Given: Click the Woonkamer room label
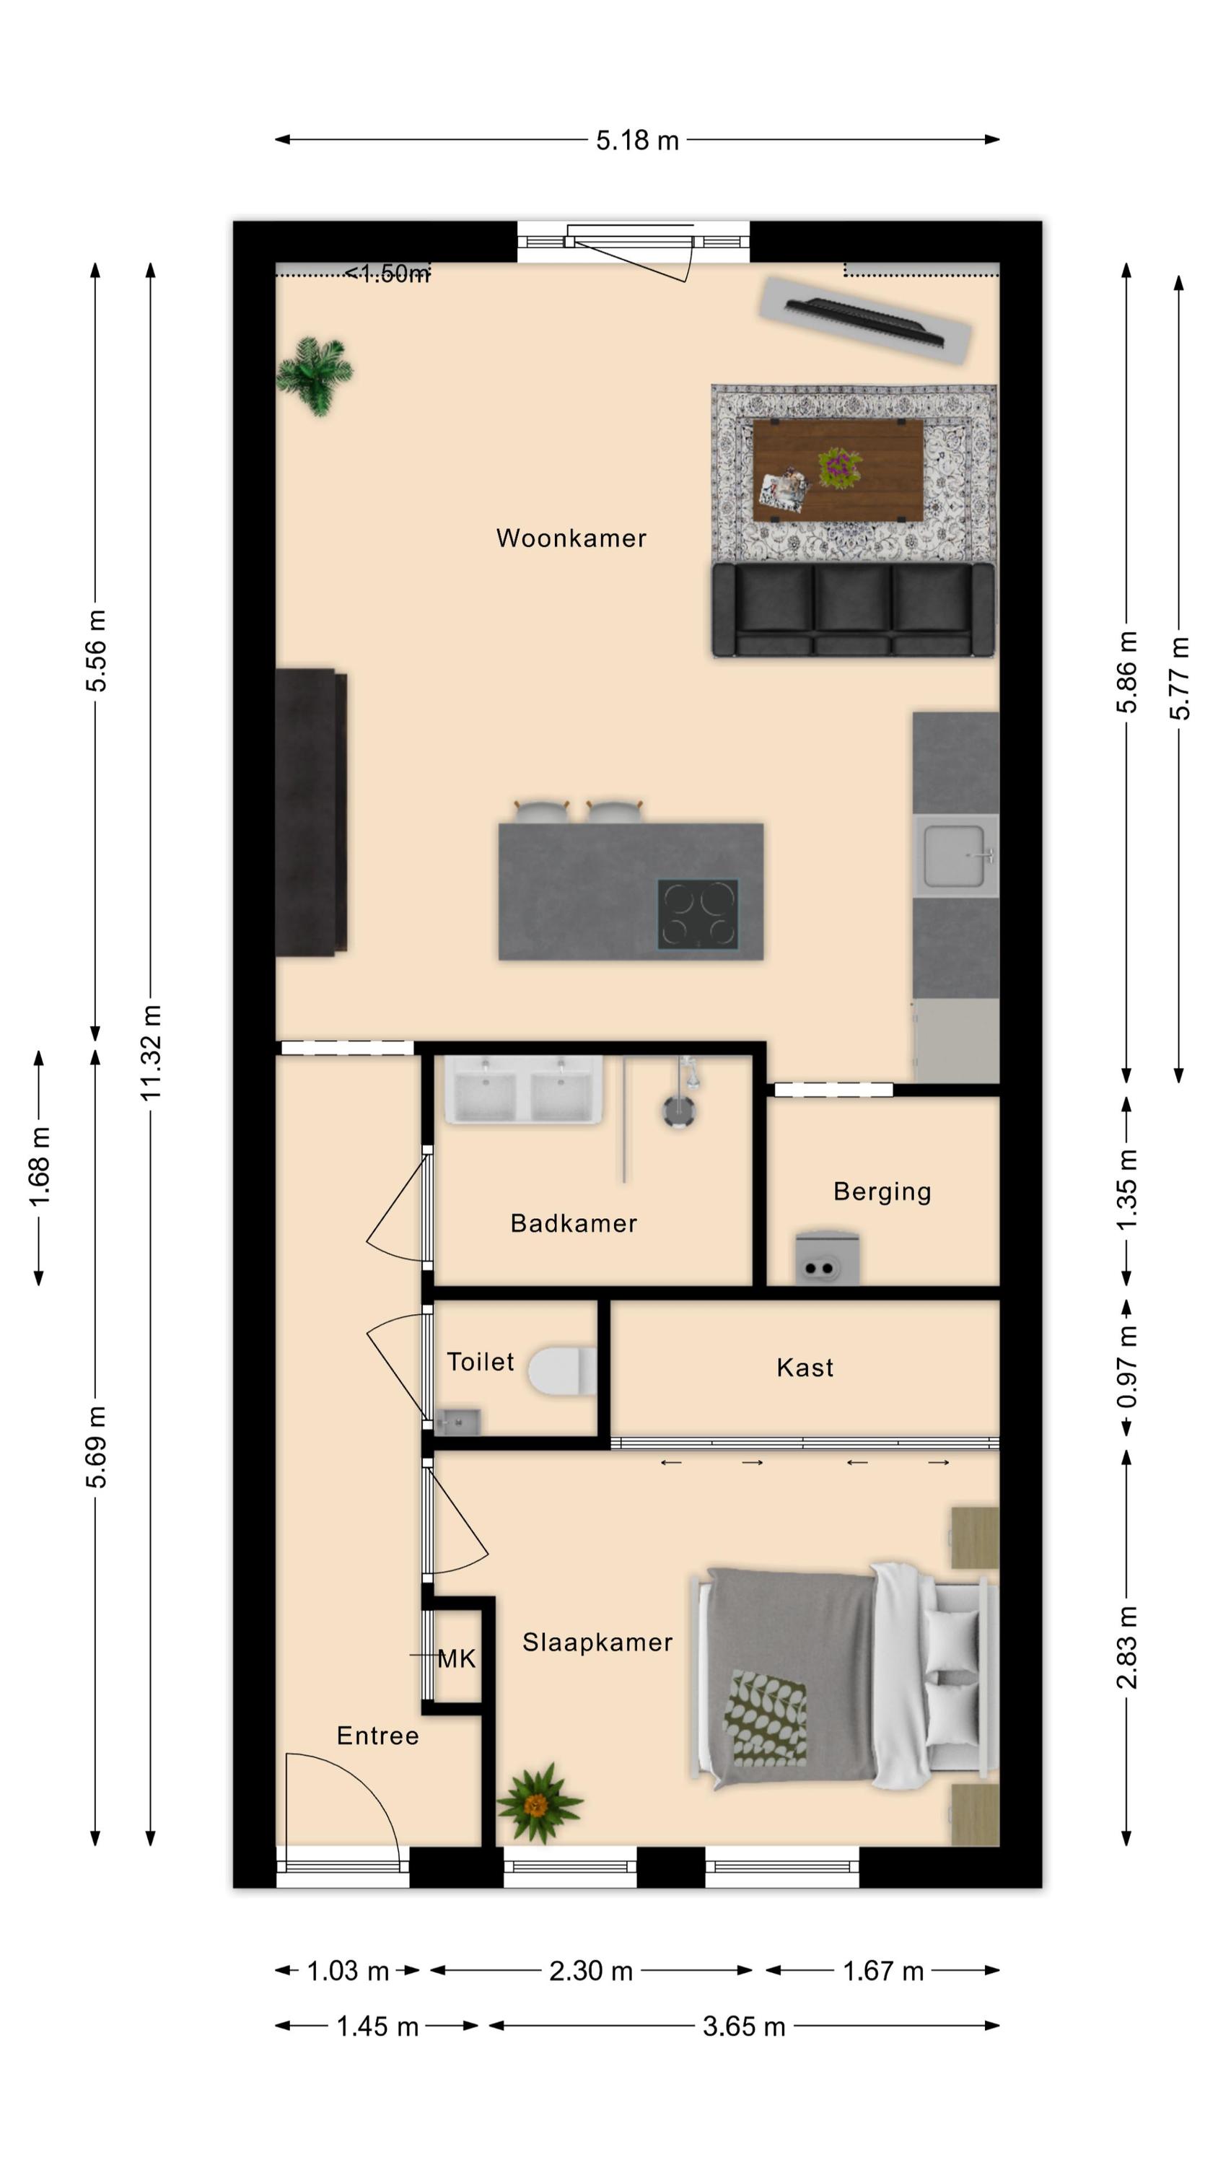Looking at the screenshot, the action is (x=571, y=538).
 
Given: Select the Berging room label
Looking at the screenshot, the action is (x=882, y=1191).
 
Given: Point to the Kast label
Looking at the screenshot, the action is (x=805, y=1368).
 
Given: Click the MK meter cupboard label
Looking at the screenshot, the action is (x=457, y=1658).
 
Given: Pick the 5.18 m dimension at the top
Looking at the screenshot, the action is (x=637, y=140).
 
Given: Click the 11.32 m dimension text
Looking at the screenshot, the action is (x=151, y=1052).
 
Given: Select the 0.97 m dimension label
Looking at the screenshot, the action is (x=1126, y=1367).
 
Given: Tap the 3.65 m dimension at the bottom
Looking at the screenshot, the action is (x=744, y=2026).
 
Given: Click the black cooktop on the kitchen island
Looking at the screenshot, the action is (x=698, y=914).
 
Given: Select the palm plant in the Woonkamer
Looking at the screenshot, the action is (x=315, y=375).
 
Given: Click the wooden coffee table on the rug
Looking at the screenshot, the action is (x=837, y=471).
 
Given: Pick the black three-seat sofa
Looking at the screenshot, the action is (x=853, y=609).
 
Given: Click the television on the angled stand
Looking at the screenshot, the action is (x=865, y=321).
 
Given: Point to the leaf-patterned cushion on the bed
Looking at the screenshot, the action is (x=765, y=1717).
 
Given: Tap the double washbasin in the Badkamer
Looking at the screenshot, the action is (x=523, y=1090).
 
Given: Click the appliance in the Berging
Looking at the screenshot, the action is (x=826, y=1258).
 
